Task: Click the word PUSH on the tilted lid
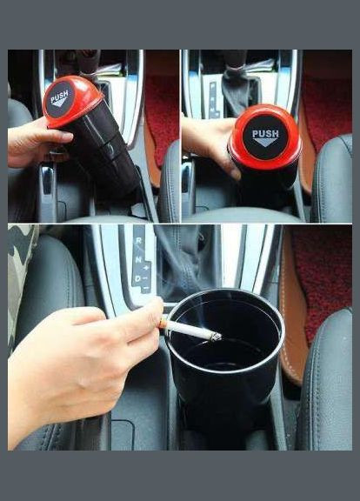[x=59, y=97]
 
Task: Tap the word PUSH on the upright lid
[x=265, y=134]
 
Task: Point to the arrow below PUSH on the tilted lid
[x=60, y=103]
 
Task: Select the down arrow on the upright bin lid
[x=265, y=142]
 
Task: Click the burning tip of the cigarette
[x=217, y=336]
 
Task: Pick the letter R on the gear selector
[x=138, y=240]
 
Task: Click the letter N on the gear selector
[x=138, y=259]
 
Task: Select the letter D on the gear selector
[x=137, y=278]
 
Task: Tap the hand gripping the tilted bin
[x=36, y=142]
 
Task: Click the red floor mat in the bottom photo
[x=323, y=281]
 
